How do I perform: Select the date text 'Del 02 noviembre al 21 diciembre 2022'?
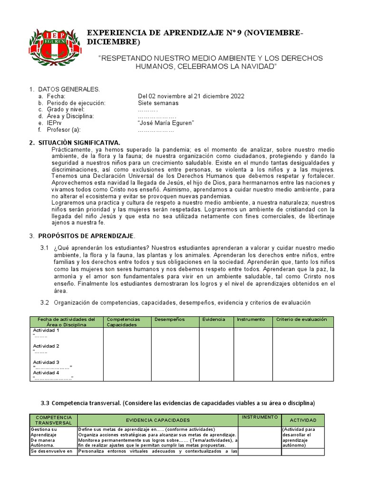[191, 96]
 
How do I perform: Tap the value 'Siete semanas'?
[158, 103]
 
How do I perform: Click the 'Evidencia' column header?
[214, 320]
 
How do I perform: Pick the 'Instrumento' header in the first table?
[251, 320]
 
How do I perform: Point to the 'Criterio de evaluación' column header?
[301, 320]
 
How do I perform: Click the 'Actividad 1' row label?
[46, 330]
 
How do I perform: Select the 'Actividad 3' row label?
[46, 362]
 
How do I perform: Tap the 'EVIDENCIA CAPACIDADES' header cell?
[157, 420]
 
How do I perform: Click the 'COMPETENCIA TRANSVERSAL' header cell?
[54, 420]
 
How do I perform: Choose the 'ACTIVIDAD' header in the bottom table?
[303, 421]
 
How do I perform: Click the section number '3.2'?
[45, 302]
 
